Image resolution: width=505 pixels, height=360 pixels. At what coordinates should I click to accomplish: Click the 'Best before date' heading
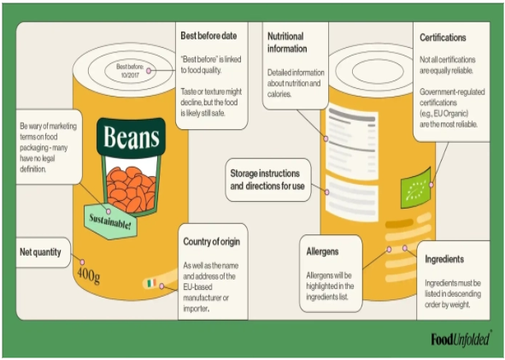pos(208,36)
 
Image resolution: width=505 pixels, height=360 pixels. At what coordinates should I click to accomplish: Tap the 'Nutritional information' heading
pos(287,42)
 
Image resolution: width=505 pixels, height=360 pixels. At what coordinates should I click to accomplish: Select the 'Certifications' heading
pos(443,38)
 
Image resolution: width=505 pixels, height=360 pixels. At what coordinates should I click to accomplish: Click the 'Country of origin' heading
pos(212,242)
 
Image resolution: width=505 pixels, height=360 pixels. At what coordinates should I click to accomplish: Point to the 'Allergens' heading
pos(322,251)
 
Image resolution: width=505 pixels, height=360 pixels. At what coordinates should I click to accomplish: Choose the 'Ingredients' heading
pos(444,259)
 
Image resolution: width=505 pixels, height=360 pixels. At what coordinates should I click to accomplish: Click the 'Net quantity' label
pos(40,252)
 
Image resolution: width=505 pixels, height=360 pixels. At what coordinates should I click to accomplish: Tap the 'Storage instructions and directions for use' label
pos(267,180)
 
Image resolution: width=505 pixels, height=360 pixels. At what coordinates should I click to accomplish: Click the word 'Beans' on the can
pos(132,137)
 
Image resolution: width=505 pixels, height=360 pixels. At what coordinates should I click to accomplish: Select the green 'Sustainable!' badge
pos(110,221)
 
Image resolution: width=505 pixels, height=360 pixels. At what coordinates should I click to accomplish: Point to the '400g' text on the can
pos(89,275)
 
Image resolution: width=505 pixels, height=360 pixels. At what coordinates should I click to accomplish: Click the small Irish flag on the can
pos(152,283)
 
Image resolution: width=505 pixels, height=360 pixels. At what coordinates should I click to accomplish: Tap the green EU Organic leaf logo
pos(415,187)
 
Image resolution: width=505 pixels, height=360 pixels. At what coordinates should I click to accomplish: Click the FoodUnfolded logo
pos(461,339)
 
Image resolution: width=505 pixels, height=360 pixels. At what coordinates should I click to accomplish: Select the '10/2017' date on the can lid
pos(130,74)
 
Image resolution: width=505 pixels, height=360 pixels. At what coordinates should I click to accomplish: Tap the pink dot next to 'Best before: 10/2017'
pos(149,71)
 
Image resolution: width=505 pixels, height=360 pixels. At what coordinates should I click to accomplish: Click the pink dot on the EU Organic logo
pos(432,185)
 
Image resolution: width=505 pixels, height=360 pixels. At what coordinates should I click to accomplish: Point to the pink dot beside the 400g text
pos(82,262)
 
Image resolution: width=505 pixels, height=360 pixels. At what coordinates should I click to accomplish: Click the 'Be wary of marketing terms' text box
pos(49,147)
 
